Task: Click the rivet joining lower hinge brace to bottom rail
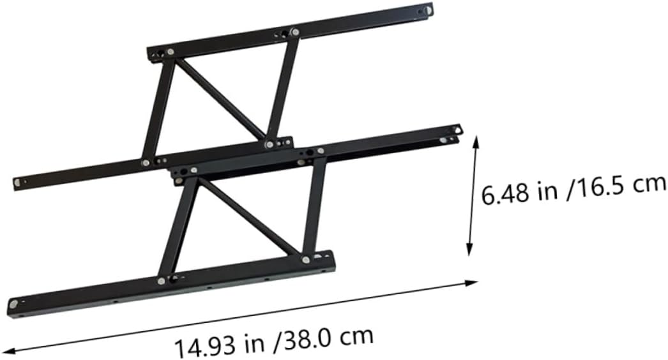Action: (x=305, y=259)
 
